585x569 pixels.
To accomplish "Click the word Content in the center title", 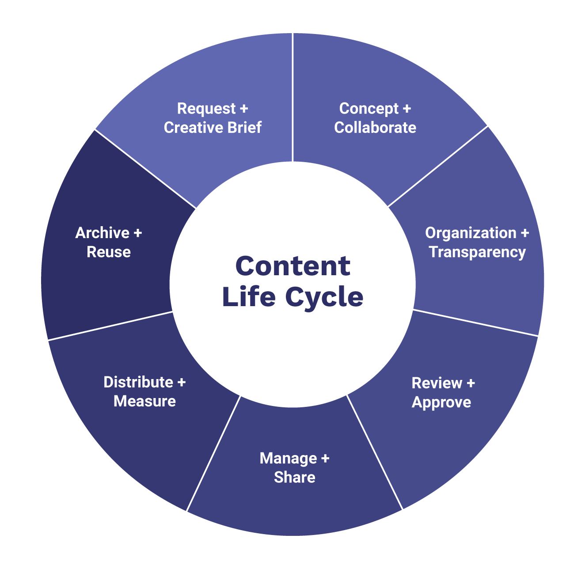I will [x=292, y=266].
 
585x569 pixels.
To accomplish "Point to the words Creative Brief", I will [x=213, y=128].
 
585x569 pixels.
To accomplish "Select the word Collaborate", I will [x=375, y=128].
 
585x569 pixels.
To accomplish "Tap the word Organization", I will [x=471, y=233].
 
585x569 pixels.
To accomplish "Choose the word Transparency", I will [x=477, y=252].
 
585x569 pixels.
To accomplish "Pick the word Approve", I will [x=441, y=402].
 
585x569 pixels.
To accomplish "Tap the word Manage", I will [x=288, y=459].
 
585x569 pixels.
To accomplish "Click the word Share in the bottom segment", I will [x=294, y=478].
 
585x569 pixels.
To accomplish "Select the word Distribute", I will [x=138, y=382].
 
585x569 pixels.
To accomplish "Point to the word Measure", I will [x=144, y=402].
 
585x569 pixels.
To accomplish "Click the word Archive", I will [x=102, y=233].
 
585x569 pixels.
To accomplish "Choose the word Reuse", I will [x=109, y=252].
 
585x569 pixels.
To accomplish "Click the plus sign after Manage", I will [x=325, y=459].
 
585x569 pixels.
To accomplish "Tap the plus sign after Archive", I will [x=137, y=233].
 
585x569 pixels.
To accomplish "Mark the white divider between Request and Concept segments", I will [x=292, y=97].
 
